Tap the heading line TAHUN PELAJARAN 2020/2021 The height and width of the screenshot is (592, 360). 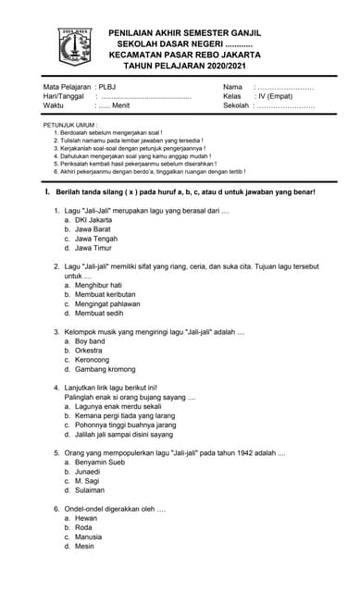pos(185,67)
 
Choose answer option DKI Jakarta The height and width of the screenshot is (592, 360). pos(93,221)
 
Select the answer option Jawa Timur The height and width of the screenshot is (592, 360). pos(93,248)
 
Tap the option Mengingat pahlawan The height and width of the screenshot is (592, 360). pos(107,303)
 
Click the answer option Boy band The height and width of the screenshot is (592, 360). pos(91,341)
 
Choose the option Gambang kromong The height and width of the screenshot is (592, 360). pos(105,369)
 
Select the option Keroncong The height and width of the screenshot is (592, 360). pos(95,360)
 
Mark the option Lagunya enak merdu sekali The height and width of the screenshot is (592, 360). pos(118,406)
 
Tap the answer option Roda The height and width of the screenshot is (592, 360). pos(84,527)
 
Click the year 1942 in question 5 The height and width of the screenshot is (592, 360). pos(230,452)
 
